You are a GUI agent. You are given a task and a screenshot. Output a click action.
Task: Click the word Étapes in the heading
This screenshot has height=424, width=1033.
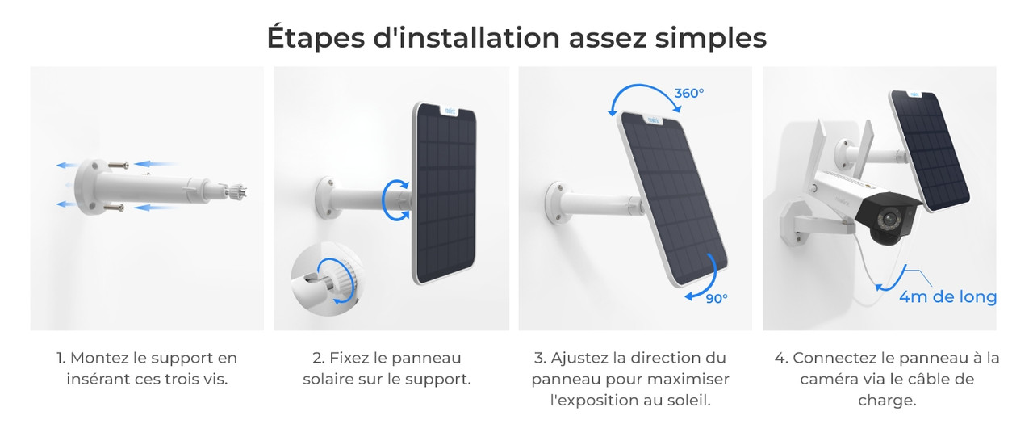click(x=316, y=38)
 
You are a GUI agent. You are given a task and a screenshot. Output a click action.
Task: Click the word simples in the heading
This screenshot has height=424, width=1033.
click(x=711, y=38)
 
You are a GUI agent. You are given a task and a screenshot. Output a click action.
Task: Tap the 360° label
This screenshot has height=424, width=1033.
click(x=689, y=93)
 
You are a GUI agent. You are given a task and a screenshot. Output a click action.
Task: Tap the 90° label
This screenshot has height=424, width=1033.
click(x=717, y=299)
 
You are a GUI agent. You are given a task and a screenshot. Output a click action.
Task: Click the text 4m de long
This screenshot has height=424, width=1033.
click(x=948, y=296)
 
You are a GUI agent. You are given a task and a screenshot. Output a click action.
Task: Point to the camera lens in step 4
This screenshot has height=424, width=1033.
click(x=886, y=219)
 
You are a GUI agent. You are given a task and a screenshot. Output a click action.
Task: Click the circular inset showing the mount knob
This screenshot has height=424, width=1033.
click(x=326, y=280)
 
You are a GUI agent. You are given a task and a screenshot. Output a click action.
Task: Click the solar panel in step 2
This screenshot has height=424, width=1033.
click(x=444, y=193)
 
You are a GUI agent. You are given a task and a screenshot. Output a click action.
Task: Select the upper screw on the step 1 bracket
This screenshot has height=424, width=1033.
click(x=118, y=165)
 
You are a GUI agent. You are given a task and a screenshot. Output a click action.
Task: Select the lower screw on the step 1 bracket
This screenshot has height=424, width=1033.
click(x=114, y=208)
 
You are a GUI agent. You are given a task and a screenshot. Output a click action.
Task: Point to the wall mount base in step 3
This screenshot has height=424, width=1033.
click(x=559, y=203)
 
